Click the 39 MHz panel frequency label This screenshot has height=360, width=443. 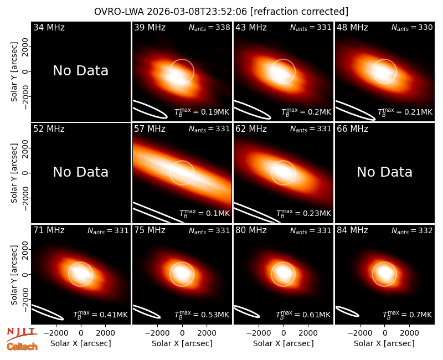click(x=150, y=27)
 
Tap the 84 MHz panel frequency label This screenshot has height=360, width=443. click(x=352, y=230)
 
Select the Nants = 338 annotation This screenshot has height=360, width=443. click(x=209, y=27)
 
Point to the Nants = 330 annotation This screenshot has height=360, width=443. click(x=412, y=27)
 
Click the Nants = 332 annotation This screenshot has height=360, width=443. click(x=412, y=230)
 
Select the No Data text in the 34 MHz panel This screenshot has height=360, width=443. click(x=81, y=71)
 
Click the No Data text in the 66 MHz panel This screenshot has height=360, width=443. click(x=385, y=172)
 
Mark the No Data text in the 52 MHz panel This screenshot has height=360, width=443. click(x=81, y=172)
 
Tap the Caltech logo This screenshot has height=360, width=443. click(x=22, y=347)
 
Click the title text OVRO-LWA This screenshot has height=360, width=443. click(x=119, y=12)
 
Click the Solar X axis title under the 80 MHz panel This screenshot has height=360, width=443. click(x=284, y=343)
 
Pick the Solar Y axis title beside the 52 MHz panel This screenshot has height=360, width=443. click(x=14, y=173)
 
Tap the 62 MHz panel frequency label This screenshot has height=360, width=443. click(x=251, y=129)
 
